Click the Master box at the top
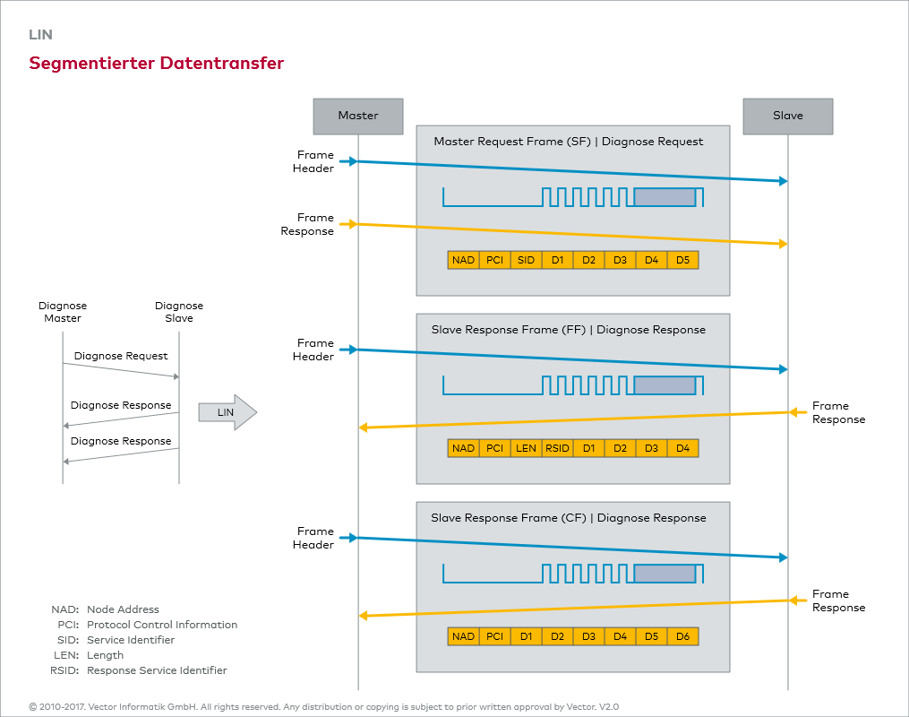(x=358, y=116)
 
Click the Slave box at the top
(x=788, y=116)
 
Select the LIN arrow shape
(x=227, y=412)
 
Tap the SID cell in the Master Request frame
(x=526, y=260)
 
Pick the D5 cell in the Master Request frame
(x=682, y=260)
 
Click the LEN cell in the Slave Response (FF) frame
(x=526, y=448)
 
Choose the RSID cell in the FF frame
(x=557, y=448)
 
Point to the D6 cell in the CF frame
(x=682, y=636)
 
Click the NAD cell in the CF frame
(x=463, y=636)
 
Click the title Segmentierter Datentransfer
(x=157, y=64)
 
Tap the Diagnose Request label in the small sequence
(x=121, y=356)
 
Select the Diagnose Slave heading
(x=179, y=312)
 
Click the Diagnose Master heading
(x=63, y=312)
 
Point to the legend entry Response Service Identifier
(x=157, y=670)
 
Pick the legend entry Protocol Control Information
(x=162, y=625)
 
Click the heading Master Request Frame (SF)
(x=568, y=142)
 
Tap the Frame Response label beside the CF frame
(x=838, y=600)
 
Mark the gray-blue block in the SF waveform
(x=665, y=197)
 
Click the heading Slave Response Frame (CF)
(x=568, y=518)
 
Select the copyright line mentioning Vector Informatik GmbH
(x=323, y=706)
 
